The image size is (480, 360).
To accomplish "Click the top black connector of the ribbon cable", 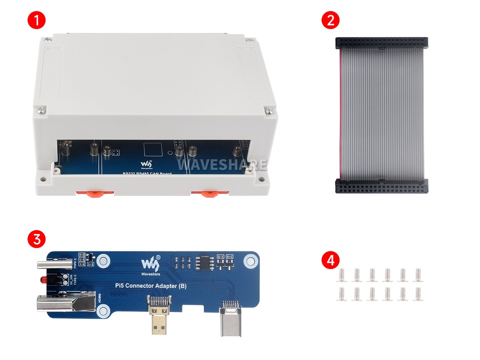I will (380, 43).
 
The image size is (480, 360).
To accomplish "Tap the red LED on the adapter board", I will (44, 277).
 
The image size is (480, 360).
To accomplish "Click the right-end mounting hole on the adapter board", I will (249, 261).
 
